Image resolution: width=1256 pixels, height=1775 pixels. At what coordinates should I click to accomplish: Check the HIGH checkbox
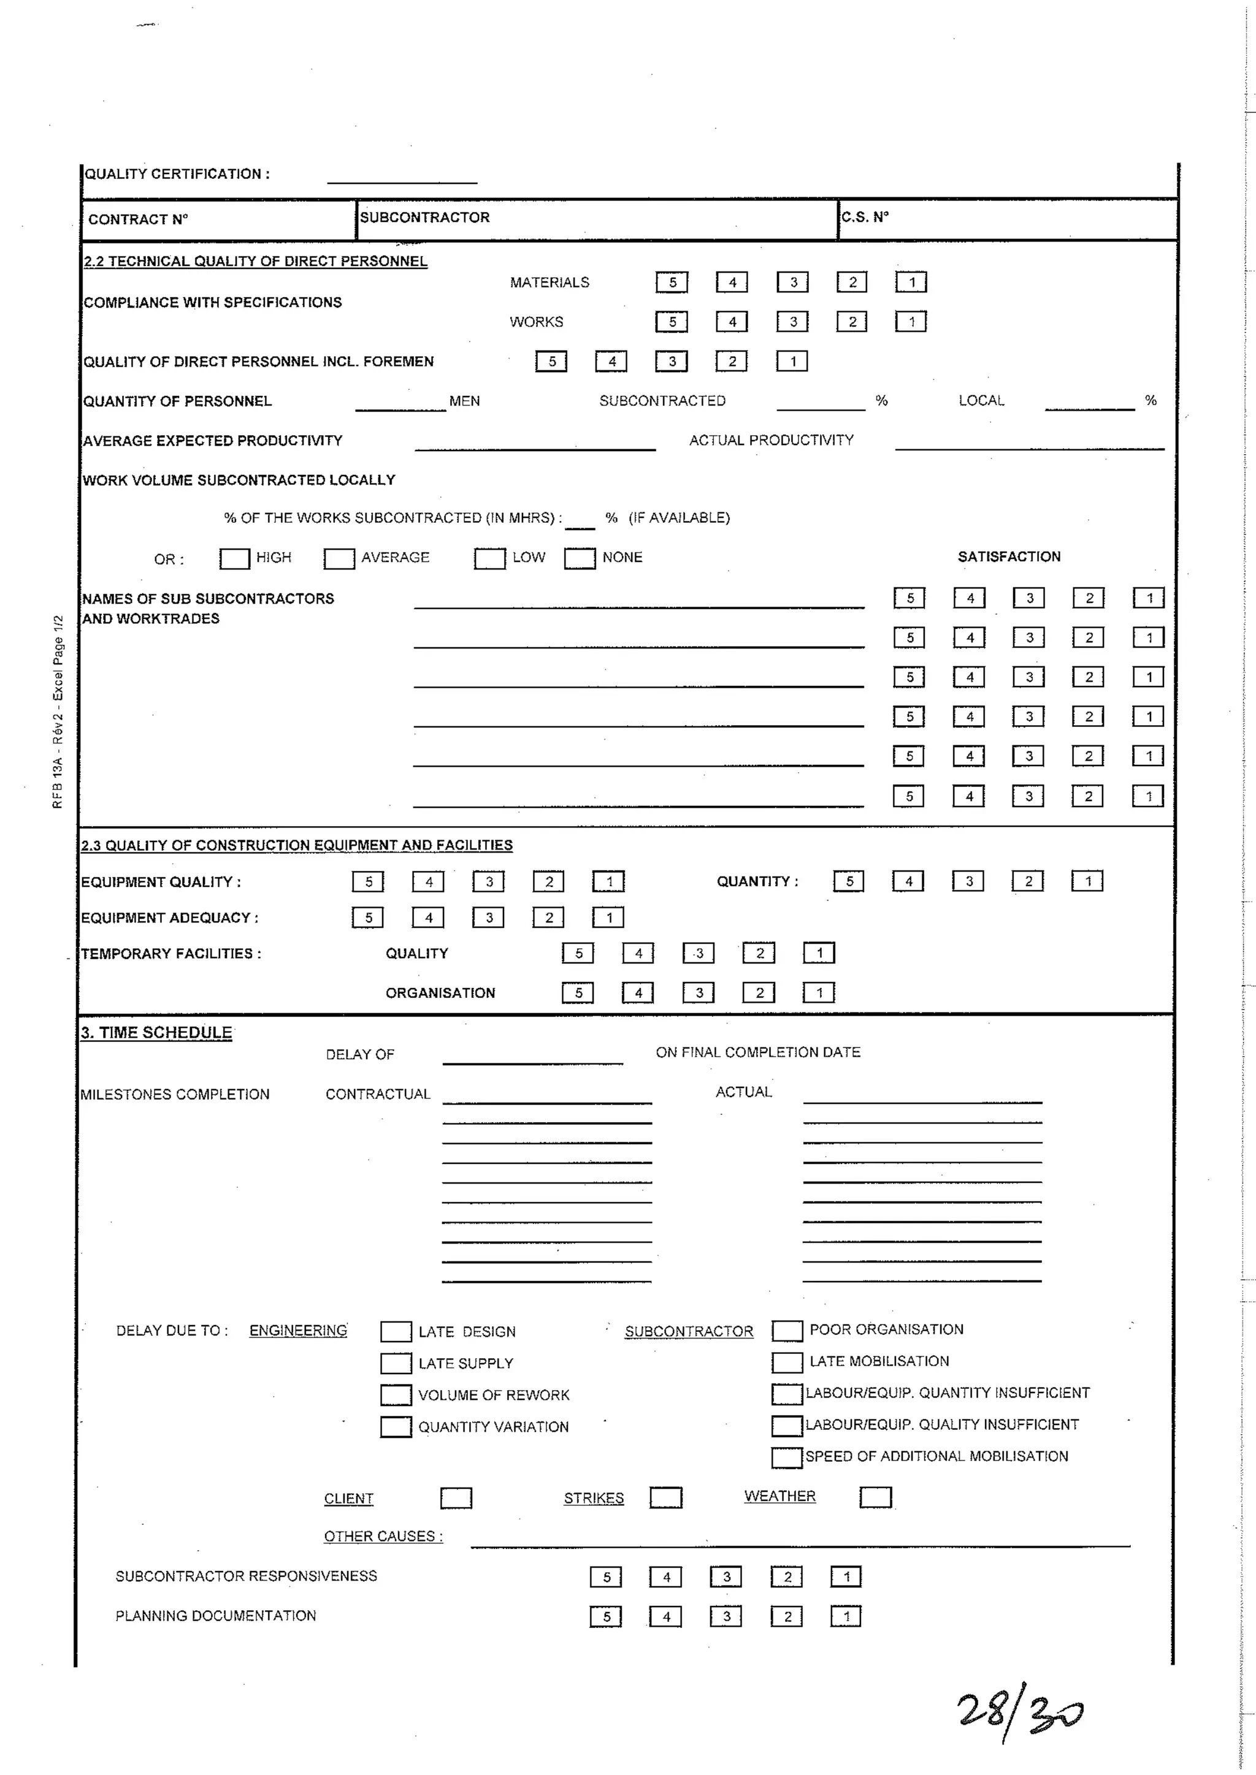tap(234, 558)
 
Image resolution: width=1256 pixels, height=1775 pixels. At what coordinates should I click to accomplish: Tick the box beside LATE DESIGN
tap(396, 1331)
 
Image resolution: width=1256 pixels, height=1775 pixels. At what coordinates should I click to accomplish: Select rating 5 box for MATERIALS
tap(672, 282)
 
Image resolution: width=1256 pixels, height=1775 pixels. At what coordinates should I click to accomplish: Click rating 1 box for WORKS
tap(911, 322)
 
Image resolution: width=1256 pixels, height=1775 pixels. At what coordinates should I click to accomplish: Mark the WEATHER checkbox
tap(876, 1497)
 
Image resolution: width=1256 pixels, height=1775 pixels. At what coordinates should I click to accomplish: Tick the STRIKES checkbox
tap(666, 1497)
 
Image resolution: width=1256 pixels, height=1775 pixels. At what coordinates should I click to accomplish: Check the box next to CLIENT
tap(456, 1498)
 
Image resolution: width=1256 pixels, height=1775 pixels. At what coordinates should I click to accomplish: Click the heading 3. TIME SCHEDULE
tap(156, 1033)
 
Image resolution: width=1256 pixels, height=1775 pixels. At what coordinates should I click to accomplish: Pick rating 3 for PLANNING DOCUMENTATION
tap(726, 1616)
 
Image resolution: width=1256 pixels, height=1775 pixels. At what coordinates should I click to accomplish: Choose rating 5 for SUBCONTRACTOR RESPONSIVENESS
tap(605, 1576)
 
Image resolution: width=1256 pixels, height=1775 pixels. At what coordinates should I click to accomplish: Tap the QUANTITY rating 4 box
tap(909, 881)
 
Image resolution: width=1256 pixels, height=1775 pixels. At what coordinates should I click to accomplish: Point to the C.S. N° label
tap(865, 217)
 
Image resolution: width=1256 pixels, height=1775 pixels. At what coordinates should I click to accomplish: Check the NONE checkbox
tap(580, 558)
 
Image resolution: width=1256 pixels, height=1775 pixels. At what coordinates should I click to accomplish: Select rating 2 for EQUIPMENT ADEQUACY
tap(548, 918)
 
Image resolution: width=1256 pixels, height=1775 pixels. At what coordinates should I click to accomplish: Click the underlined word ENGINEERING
tap(298, 1331)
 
